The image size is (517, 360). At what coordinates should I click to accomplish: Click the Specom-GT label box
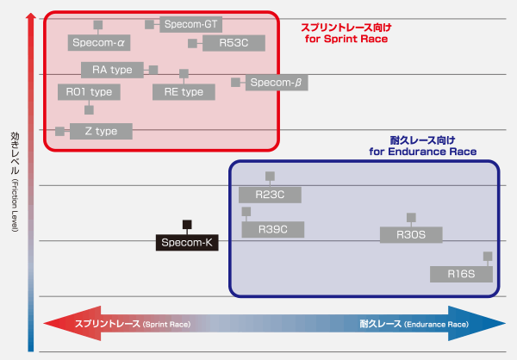tap(190, 24)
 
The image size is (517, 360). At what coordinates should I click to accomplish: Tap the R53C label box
tap(234, 42)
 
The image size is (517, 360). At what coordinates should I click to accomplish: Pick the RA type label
tap(113, 69)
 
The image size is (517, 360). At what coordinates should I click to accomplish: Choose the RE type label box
tap(184, 91)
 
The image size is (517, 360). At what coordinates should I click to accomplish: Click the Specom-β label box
tap(277, 83)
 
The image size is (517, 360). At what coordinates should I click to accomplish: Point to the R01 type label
tap(89, 91)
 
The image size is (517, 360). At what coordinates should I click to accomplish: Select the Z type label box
tap(100, 131)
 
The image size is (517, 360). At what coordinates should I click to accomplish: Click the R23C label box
tap(271, 195)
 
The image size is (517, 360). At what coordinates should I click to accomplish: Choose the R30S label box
tap(411, 234)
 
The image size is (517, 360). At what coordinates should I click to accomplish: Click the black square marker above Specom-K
tap(187, 225)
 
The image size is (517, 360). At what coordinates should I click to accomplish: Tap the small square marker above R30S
tap(411, 217)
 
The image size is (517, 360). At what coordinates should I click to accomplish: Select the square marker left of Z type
tap(59, 131)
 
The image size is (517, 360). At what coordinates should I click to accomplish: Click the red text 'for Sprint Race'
tap(347, 39)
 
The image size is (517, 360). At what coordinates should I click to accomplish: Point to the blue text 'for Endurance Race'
tap(422, 152)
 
